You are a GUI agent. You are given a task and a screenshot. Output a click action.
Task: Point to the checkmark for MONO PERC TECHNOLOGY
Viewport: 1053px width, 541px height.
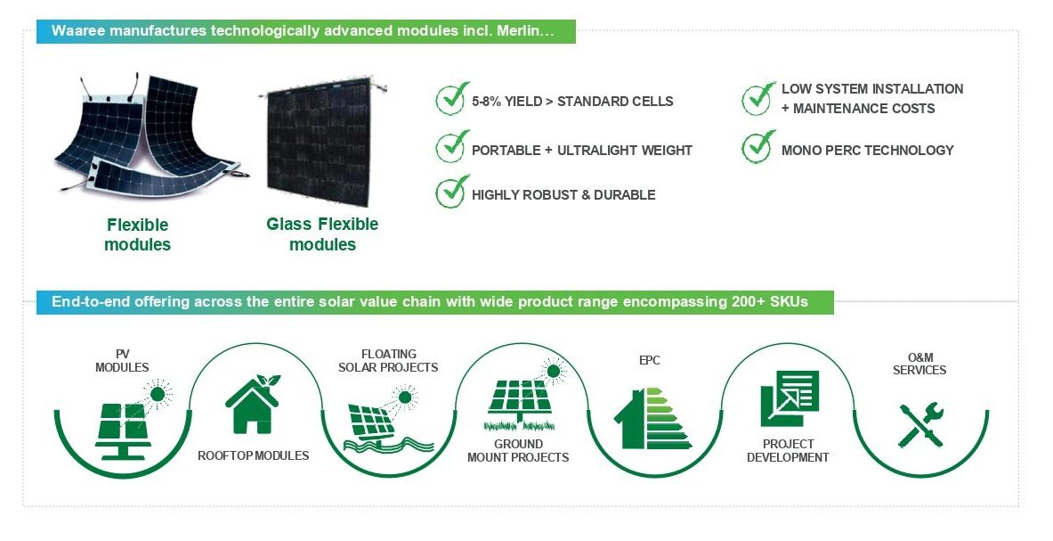point(758,146)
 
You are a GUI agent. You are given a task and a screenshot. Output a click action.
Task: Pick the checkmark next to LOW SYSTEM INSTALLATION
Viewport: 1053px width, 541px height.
point(758,99)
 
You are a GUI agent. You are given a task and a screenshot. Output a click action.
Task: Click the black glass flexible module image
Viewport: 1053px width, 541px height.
point(320,142)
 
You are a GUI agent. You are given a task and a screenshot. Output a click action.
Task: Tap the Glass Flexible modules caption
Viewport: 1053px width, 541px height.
point(322,234)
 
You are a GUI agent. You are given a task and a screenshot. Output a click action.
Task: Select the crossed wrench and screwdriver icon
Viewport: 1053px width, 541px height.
point(920,425)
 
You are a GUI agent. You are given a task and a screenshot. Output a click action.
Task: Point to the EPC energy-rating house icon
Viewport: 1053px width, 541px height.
point(652,418)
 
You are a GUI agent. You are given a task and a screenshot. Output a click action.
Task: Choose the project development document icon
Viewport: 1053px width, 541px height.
point(790,398)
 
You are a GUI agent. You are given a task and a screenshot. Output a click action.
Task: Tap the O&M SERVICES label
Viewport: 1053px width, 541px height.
point(919,364)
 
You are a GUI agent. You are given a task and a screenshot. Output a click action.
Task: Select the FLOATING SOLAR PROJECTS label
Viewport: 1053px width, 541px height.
point(388,361)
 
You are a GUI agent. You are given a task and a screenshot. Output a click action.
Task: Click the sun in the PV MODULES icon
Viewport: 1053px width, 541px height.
point(158,394)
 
